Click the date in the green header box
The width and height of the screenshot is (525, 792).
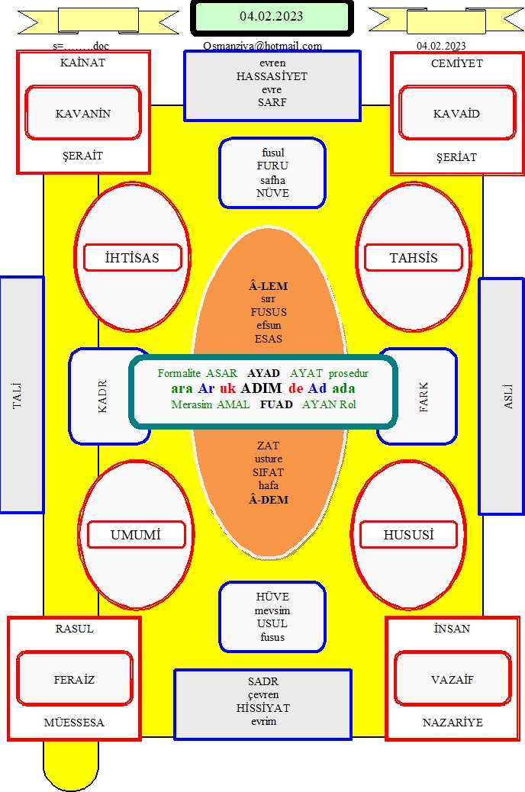click(x=272, y=16)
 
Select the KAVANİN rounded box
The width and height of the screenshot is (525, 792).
click(x=83, y=113)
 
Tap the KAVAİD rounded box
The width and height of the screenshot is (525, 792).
click(x=457, y=113)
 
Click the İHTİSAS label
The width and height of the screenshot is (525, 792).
click(x=132, y=258)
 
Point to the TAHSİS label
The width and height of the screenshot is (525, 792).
click(x=414, y=258)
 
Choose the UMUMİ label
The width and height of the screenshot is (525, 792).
click(x=136, y=534)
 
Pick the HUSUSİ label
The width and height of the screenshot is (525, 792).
click(x=408, y=534)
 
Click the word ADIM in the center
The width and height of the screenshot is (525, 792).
click(x=261, y=388)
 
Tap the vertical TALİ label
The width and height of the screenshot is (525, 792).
click(x=18, y=395)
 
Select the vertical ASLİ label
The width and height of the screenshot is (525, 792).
click(x=508, y=397)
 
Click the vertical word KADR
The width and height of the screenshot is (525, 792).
click(x=102, y=397)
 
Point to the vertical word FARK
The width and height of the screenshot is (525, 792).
click(x=424, y=397)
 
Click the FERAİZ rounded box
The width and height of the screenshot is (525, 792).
click(x=75, y=679)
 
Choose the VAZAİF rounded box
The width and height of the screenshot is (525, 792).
click(x=453, y=679)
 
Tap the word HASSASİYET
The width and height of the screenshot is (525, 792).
click(x=272, y=76)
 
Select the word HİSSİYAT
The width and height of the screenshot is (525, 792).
click(x=263, y=707)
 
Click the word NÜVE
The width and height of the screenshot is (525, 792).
click(x=273, y=193)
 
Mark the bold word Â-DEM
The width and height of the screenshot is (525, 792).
click(x=269, y=500)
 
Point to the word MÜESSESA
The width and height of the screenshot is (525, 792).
click(x=74, y=723)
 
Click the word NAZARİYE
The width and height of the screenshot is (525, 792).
click(x=453, y=723)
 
